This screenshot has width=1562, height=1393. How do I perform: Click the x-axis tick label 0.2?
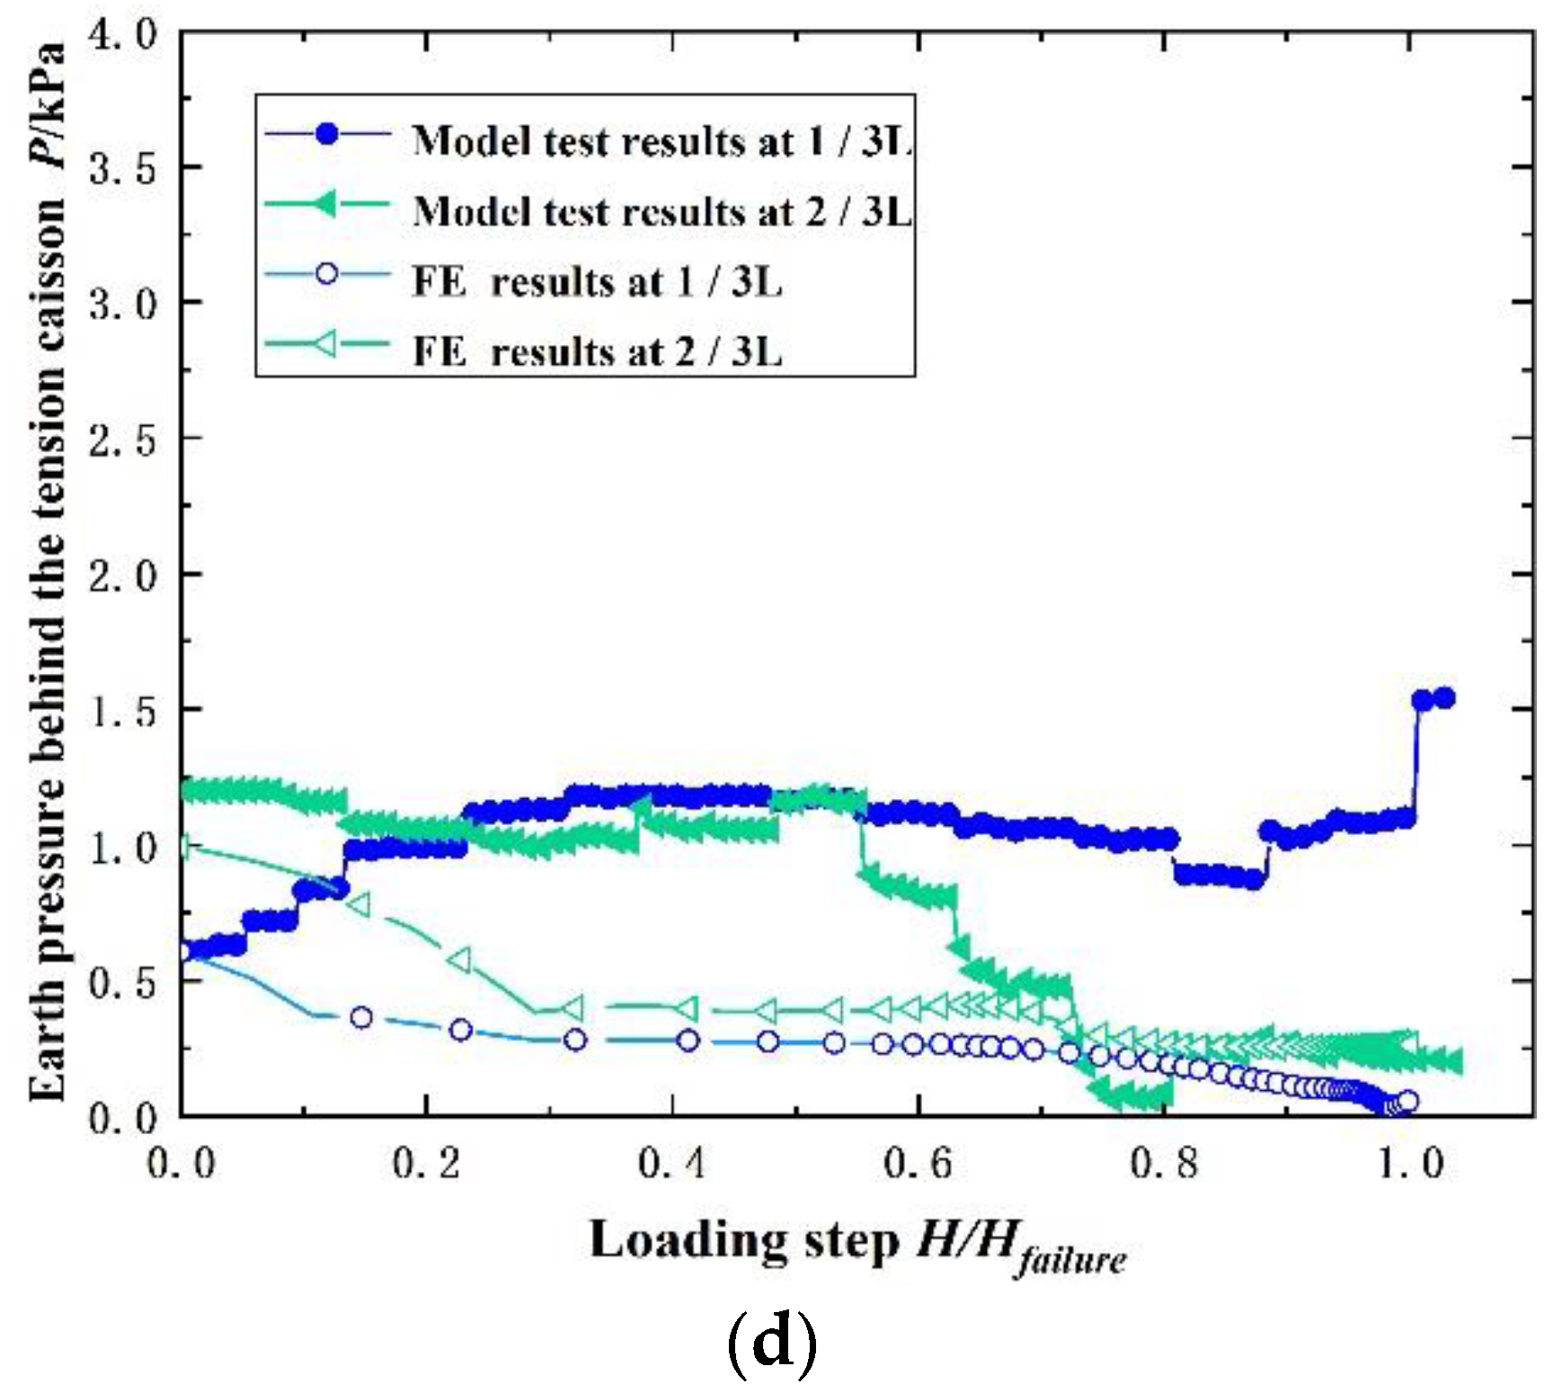[426, 1164]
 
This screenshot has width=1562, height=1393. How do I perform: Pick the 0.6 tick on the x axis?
[918, 1164]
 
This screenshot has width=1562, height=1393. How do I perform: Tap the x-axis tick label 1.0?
[1409, 1164]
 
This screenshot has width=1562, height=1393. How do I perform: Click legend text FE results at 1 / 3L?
[598, 282]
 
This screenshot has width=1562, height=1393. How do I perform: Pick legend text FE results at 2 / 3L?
[598, 351]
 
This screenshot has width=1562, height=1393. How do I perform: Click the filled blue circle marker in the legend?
[328, 134]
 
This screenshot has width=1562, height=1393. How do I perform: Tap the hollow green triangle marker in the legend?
[327, 343]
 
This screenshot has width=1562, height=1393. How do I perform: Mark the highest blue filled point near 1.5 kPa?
[1443, 697]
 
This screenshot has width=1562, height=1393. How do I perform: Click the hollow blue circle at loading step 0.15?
[361, 1017]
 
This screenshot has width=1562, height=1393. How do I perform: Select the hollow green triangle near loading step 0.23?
[459, 960]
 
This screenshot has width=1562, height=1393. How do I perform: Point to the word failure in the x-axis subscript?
[1071, 1259]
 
